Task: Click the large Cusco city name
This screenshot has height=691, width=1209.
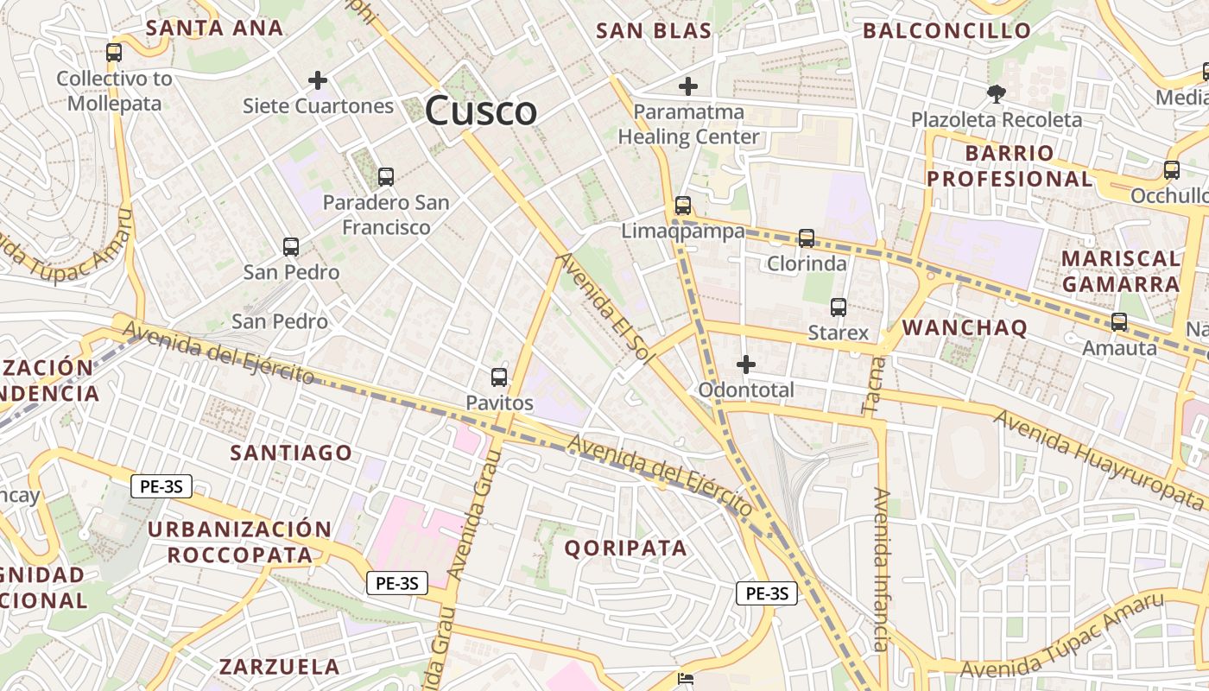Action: tap(481, 111)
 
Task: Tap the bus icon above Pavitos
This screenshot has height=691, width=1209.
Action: tap(498, 377)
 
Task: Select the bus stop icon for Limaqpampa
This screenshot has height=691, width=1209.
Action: tap(683, 206)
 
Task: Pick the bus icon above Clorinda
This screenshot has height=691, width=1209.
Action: tap(807, 238)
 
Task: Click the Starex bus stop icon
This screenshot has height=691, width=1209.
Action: tap(838, 307)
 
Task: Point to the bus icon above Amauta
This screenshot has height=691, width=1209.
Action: tap(1119, 322)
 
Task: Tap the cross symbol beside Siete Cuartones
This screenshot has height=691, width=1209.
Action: tap(318, 80)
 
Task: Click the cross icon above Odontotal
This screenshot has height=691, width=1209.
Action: tap(745, 365)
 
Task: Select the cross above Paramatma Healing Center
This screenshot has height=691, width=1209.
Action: tap(688, 86)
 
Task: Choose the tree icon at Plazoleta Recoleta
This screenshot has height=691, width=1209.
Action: tap(997, 93)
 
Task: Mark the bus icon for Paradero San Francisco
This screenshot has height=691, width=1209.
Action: tap(385, 177)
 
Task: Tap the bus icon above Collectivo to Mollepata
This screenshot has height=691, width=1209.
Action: tap(114, 52)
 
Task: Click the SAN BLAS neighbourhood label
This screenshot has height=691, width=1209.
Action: tap(654, 31)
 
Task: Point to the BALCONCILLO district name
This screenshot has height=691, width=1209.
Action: tap(946, 31)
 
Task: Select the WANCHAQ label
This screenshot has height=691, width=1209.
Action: tap(965, 327)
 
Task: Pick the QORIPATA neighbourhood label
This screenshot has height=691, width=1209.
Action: tap(626, 548)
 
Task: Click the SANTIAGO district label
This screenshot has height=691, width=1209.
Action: tap(291, 453)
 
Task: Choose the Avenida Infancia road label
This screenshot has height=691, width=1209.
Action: tap(881, 570)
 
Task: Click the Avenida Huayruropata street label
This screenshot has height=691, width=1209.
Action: tap(1098, 459)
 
